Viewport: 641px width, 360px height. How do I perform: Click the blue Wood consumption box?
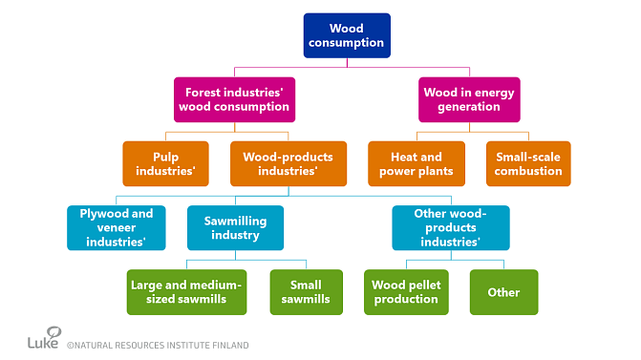pyautogui.click(x=347, y=35)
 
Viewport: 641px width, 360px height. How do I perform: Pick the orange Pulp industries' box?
pyautogui.click(x=165, y=163)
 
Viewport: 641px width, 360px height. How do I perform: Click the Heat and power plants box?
pyautogui.click(x=416, y=163)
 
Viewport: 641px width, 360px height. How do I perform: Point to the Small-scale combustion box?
pyautogui.click(x=528, y=163)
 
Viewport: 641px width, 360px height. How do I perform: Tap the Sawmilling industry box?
pyautogui.click(x=235, y=227)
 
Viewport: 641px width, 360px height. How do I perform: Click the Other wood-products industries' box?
pyautogui.click(x=451, y=227)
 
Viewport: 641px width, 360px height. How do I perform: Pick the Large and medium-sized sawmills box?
pyautogui.click(x=187, y=291)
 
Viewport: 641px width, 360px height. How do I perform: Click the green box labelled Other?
pyautogui.click(x=503, y=291)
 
